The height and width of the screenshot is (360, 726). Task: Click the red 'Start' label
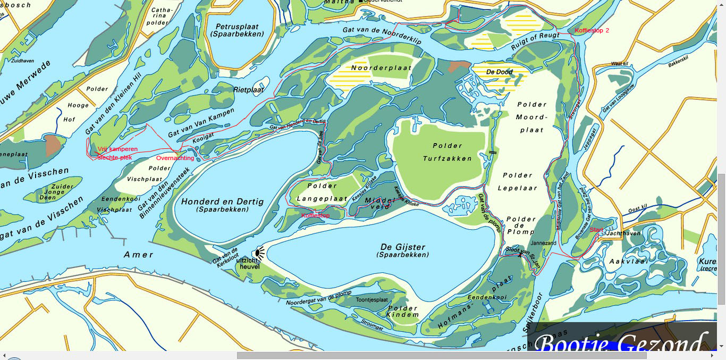point(597,229)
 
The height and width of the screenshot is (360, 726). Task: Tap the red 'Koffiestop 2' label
point(592,31)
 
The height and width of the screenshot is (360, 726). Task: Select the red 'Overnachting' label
point(175,158)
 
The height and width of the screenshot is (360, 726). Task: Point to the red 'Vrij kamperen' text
point(117,149)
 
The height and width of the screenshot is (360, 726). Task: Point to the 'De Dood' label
point(500,72)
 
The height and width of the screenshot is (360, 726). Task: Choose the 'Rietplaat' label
point(248,90)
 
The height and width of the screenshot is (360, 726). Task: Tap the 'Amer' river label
point(139,255)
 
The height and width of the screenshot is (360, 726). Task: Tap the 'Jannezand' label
point(544,243)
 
